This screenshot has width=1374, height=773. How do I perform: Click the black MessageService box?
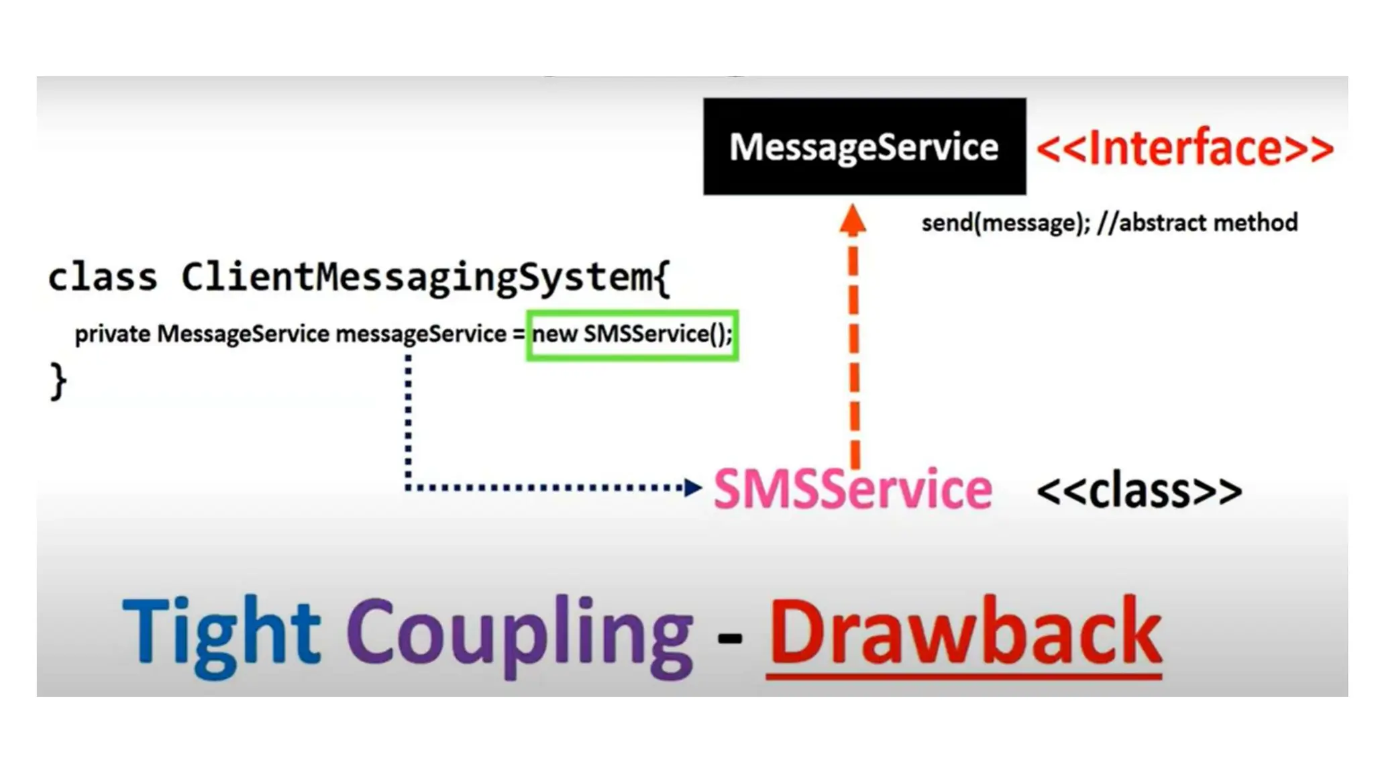(864, 146)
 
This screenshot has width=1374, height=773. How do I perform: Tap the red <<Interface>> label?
(1185, 148)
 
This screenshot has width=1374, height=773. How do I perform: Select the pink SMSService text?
(853, 489)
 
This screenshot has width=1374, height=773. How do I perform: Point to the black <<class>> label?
(1139, 491)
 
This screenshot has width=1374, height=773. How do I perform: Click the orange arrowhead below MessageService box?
(853, 219)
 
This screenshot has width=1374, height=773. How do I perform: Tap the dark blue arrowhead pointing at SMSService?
(692, 487)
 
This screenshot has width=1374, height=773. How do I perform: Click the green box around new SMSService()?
(632, 335)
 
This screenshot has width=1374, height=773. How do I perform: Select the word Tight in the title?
(221, 632)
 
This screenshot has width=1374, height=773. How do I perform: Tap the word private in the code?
(112, 333)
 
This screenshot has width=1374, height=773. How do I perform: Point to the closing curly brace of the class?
(58, 381)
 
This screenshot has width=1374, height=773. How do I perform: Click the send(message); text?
(1006, 223)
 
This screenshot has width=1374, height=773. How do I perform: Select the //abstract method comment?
(1198, 222)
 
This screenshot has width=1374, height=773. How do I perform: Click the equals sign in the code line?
(519, 334)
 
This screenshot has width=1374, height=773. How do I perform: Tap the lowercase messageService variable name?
(421, 333)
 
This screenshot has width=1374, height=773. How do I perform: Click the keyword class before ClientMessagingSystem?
(102, 276)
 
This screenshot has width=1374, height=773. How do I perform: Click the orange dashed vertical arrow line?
(854, 349)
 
